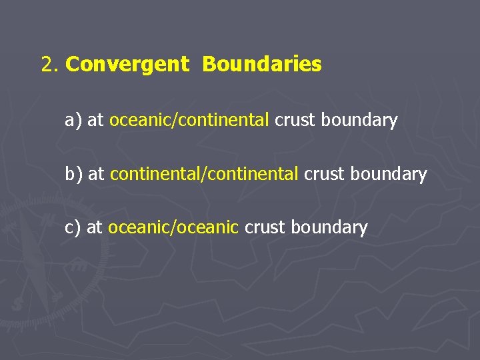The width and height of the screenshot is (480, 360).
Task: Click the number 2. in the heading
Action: pyautogui.click(x=51, y=65)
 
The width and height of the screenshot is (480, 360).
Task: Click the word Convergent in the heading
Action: pyautogui.click(x=127, y=65)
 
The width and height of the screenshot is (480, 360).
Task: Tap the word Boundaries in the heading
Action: pyautogui.click(x=262, y=65)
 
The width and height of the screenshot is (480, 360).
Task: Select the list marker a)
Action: pyautogui.click(x=73, y=121)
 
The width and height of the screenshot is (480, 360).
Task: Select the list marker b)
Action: pyautogui.click(x=74, y=174)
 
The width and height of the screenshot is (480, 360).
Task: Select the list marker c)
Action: pyautogui.click(x=73, y=227)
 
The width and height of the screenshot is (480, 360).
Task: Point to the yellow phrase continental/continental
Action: pyautogui.click(x=204, y=174)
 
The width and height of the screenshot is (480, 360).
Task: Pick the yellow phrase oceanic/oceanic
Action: pyautogui.click(x=173, y=227)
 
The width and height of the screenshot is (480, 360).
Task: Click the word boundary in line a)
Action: pyautogui.click(x=359, y=121)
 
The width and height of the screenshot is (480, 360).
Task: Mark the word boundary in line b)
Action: pyautogui.click(x=389, y=174)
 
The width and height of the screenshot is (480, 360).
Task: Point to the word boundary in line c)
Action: pyautogui.click(x=329, y=227)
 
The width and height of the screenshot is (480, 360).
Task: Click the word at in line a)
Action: pyautogui.click(x=95, y=121)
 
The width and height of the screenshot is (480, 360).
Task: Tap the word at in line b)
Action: pyautogui.click(x=97, y=174)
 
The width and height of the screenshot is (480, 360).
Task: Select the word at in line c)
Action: pyautogui.click(x=95, y=227)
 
